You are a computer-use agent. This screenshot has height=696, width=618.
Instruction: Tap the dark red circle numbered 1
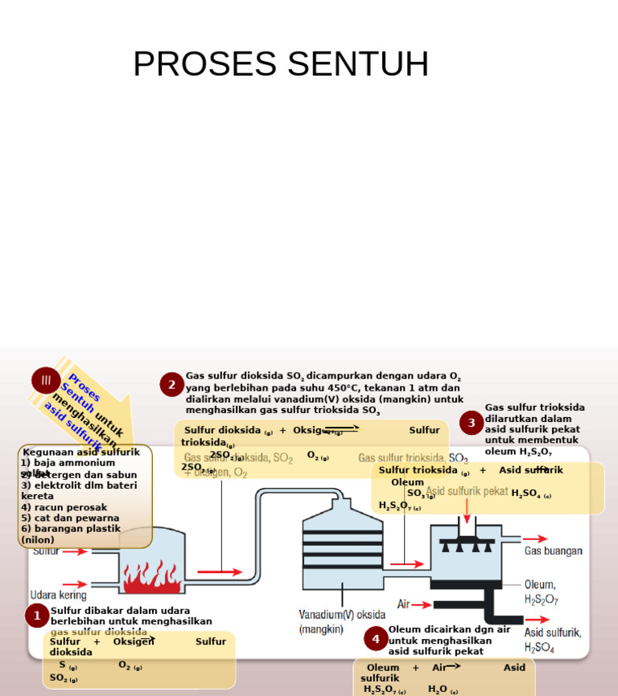[37, 616]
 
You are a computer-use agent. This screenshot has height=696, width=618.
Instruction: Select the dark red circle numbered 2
[171, 385]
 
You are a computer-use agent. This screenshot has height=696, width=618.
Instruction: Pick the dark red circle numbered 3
[472, 423]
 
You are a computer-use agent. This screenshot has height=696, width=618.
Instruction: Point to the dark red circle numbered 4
[375, 640]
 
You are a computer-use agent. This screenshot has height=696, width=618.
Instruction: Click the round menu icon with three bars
[46, 380]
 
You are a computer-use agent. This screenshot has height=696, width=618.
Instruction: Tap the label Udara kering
[57, 596]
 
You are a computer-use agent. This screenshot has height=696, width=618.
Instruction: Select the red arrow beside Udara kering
[76, 584]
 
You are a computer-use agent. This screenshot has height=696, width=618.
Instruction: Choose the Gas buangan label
[554, 551]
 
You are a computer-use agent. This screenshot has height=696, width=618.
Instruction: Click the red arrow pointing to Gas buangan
[535, 539]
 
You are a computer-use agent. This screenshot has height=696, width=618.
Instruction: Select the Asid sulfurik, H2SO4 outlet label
[553, 640]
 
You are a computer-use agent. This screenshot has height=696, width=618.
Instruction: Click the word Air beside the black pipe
[404, 604]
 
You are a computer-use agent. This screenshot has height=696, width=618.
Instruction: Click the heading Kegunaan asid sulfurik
[81, 452]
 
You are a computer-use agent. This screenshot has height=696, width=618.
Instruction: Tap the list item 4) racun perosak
[64, 507]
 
